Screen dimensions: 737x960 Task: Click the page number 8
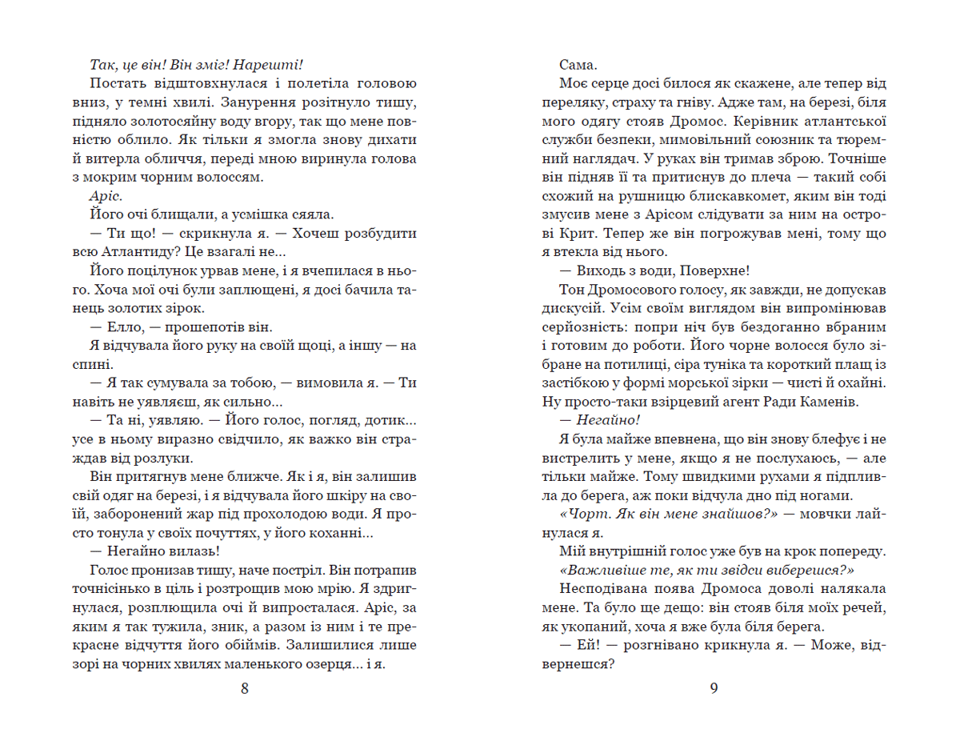pos(245,688)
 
